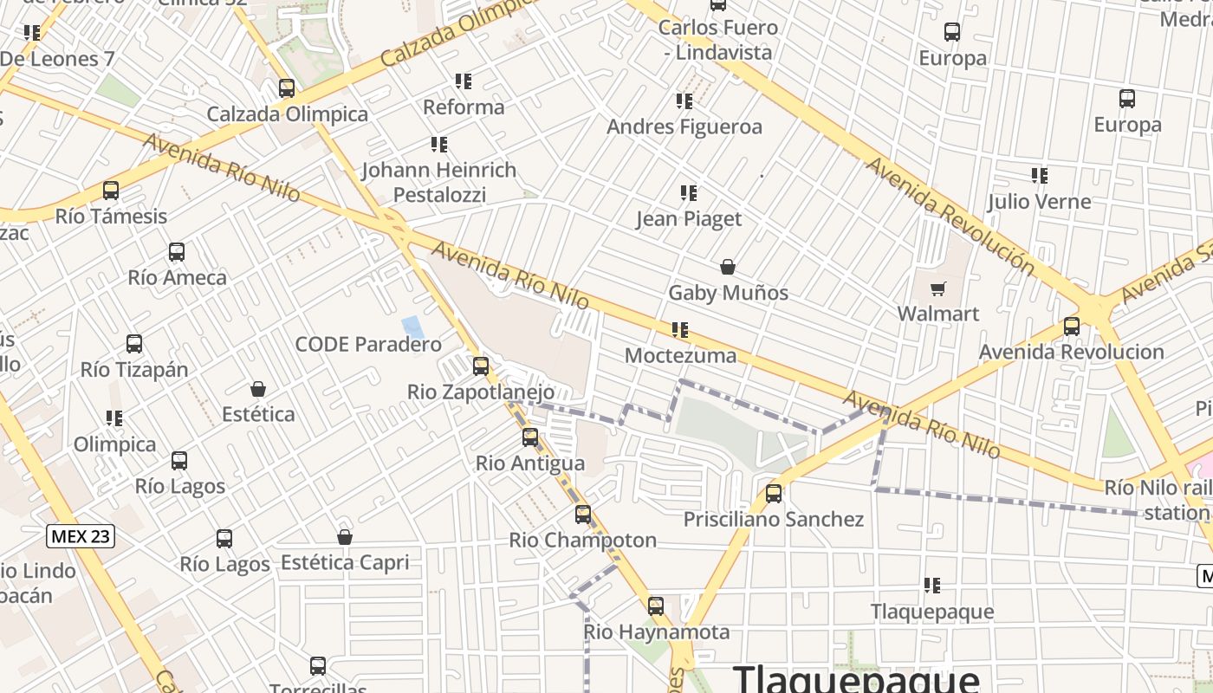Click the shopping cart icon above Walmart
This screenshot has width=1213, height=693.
(x=937, y=288)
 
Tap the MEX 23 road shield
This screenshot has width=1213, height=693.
(x=81, y=536)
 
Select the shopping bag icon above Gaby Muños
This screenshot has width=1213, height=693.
(x=728, y=267)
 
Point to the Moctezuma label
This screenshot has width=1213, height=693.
(x=680, y=355)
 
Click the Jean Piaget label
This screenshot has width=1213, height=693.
(x=689, y=218)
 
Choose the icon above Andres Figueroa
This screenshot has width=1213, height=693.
(x=684, y=101)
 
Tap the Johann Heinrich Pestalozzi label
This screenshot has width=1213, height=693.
(x=438, y=182)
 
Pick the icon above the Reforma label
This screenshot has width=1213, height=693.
(x=464, y=81)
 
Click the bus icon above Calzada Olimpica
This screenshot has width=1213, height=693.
(x=287, y=88)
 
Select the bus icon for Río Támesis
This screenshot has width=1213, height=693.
(x=111, y=191)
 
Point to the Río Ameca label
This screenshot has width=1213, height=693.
(x=177, y=278)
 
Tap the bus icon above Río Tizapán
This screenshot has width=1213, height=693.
(x=134, y=344)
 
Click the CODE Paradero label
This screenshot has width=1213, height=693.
(x=368, y=345)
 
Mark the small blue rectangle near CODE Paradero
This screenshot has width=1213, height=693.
(x=413, y=327)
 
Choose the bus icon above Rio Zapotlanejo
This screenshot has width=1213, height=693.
(x=481, y=366)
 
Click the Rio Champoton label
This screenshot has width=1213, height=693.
(x=582, y=541)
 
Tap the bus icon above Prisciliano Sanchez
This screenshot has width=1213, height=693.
(x=774, y=494)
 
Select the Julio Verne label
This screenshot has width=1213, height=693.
(x=1039, y=202)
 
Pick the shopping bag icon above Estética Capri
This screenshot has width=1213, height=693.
(x=345, y=537)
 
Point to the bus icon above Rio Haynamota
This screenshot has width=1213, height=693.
(x=656, y=606)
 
